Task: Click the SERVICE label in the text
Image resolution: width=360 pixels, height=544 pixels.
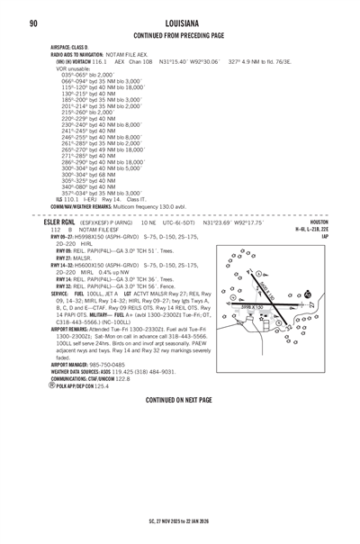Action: tap(60, 294)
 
